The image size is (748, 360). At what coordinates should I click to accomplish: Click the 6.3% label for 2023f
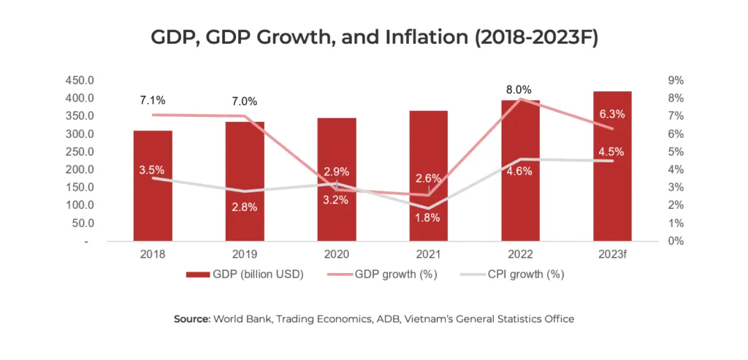612,114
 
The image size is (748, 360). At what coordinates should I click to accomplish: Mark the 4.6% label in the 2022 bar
520,171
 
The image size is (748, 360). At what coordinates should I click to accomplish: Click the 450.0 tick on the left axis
80,80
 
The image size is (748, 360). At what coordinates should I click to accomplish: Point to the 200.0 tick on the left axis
80,169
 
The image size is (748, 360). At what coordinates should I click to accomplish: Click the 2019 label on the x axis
245,255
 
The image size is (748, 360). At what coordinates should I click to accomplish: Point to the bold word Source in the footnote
191,319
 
